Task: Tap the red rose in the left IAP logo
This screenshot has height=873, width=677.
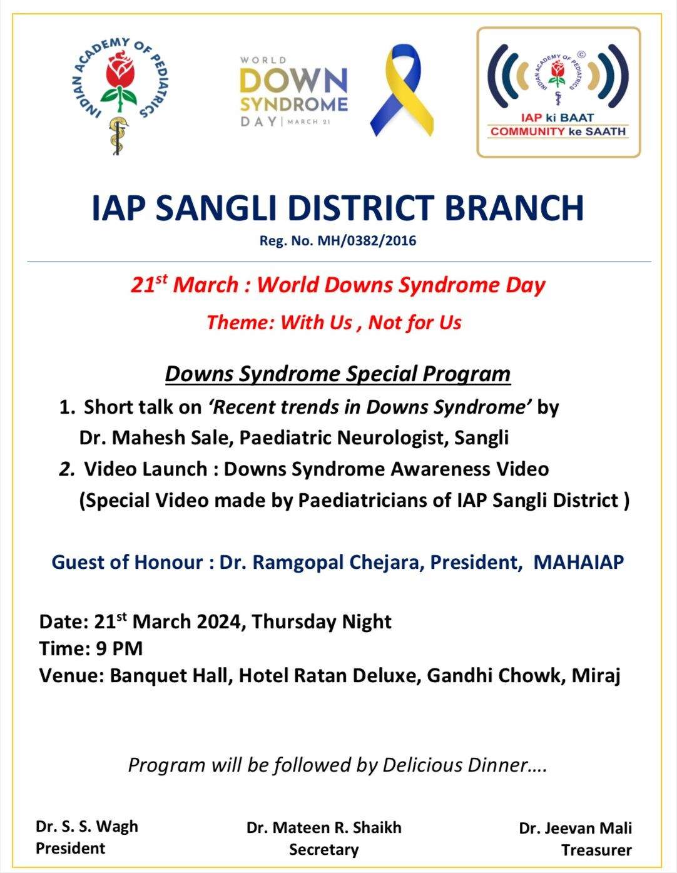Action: point(119,72)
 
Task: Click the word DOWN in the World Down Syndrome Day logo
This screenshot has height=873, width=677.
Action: point(293,81)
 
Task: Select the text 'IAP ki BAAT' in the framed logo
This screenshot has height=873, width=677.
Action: point(557,117)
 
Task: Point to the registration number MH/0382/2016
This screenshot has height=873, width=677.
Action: point(367,241)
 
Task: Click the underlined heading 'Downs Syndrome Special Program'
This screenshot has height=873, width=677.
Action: point(338,374)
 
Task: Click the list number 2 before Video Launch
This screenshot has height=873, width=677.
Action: point(67,469)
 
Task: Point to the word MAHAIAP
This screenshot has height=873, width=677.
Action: point(579,562)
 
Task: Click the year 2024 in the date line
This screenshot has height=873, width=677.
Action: point(221,621)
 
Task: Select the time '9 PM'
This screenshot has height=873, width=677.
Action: point(119,648)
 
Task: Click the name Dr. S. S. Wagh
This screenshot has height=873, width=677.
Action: point(87,827)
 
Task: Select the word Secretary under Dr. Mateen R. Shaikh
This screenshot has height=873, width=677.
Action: point(323,850)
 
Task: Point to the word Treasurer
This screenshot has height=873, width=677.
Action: point(596,850)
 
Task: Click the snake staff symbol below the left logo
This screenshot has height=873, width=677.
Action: point(117,135)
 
